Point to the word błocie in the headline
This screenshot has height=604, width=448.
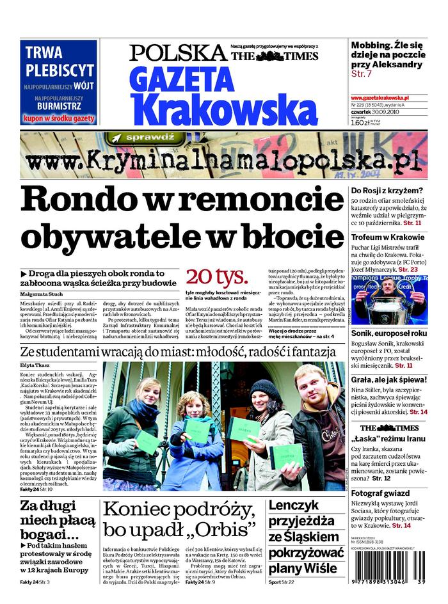coord(296,235)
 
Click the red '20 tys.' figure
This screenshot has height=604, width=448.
coord(216,277)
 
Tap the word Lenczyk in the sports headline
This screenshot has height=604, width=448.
coord(294,505)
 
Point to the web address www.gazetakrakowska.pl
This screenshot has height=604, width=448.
coord(380,97)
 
